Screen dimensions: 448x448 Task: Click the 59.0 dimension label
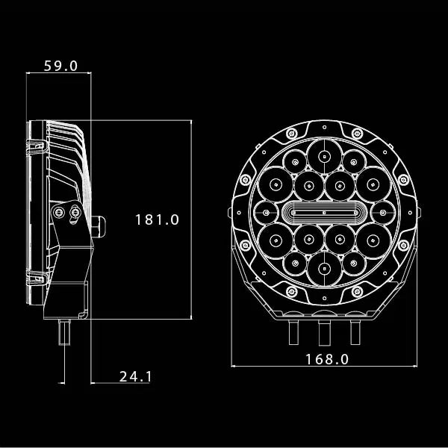click(60, 66)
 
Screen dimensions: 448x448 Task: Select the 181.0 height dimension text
click(158, 220)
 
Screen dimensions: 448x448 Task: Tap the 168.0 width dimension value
click(326, 359)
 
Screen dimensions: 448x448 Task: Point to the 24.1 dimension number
click(135, 376)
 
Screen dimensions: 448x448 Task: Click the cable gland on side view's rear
click(99, 223)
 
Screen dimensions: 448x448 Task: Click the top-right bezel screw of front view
click(360, 134)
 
